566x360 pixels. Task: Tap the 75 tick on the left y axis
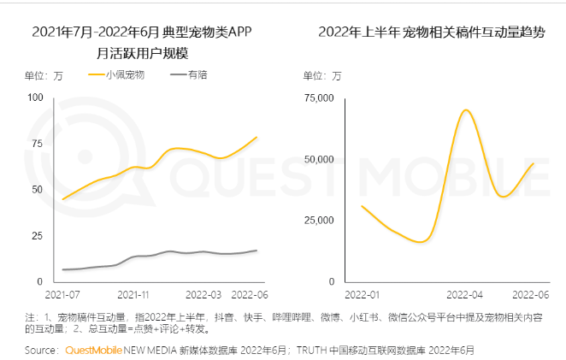pos(37,144)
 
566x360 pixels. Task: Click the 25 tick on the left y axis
pos(37,235)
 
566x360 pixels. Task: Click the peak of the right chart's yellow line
pos(466,110)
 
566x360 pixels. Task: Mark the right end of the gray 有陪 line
pos(256,251)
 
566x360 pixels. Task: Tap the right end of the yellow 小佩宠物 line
pos(256,137)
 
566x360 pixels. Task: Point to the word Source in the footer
pos(41,350)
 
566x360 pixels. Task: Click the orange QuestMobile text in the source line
pos(95,350)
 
